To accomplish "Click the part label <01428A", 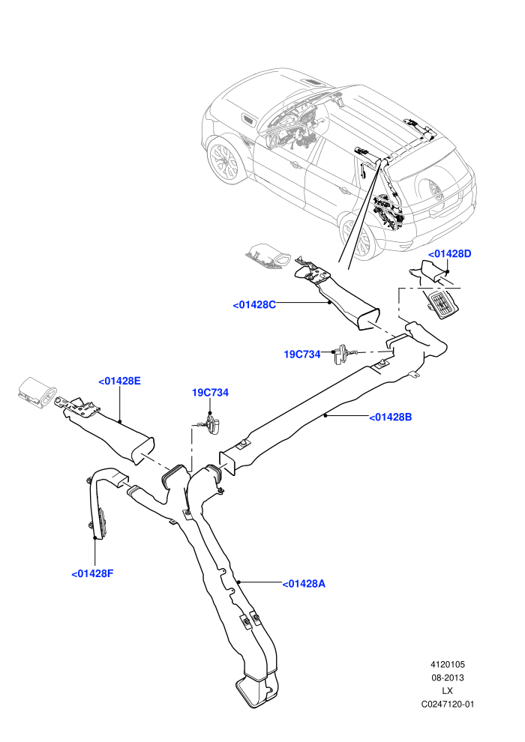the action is click(x=304, y=584).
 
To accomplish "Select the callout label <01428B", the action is click(x=391, y=417).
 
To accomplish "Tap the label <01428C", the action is click(x=254, y=305).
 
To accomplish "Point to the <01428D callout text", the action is click(x=450, y=253).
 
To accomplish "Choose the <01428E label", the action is click(x=119, y=381).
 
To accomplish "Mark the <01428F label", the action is click(x=92, y=574).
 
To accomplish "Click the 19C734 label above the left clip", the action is click(x=210, y=392).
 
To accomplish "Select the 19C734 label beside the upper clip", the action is click(x=302, y=354).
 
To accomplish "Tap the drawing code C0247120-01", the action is click(x=447, y=704).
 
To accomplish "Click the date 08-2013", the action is click(x=447, y=678).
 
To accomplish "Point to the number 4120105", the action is click(x=447, y=664).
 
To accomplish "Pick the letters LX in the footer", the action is click(x=447, y=691).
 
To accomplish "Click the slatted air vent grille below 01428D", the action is click(x=443, y=304).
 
